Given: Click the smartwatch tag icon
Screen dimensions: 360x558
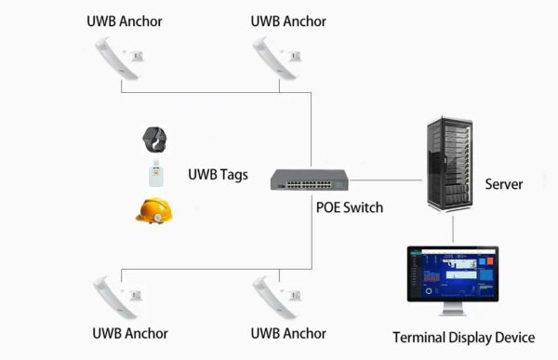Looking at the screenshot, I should tap(154, 140).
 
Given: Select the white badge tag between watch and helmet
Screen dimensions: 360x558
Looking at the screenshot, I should tap(154, 174).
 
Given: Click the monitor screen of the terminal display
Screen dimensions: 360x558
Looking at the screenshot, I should tap(453, 272).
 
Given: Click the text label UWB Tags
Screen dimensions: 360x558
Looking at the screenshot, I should tap(218, 174).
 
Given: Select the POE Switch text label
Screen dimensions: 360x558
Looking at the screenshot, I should tap(350, 207).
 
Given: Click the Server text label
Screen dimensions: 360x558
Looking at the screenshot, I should tap(503, 184).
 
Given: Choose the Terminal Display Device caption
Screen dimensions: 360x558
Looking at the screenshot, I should tap(463, 337).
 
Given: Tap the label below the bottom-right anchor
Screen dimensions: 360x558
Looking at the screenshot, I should tap(288, 333).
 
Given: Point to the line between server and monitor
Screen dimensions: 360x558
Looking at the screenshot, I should tap(453, 227).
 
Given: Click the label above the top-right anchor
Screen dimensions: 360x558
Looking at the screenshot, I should tap(288, 20).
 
